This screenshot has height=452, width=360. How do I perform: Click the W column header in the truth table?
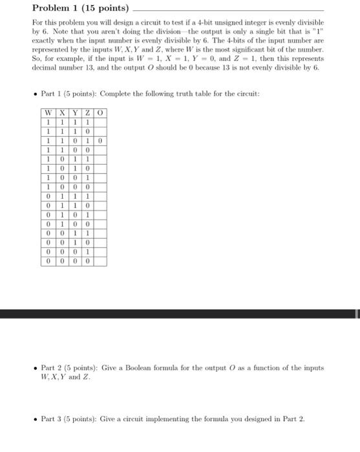coord(48,113)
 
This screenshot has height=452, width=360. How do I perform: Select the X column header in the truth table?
coord(62,113)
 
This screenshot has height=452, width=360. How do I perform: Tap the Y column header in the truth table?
coord(75,113)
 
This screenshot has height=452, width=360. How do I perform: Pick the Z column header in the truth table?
coord(88,113)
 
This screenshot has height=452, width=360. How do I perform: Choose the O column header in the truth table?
coord(100,113)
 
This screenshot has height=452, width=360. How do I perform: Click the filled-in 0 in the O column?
coord(100,139)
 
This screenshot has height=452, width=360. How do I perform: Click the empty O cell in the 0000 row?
coord(100,262)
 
